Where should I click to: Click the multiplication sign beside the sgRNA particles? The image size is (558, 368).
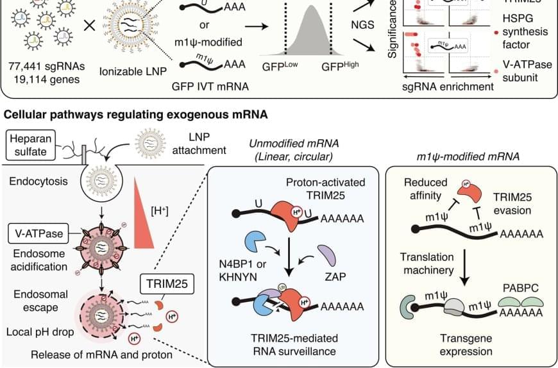[x=90, y=26]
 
